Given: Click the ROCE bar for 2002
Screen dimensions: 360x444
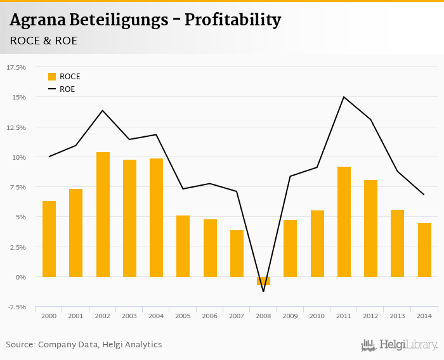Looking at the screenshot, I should tap(103, 214).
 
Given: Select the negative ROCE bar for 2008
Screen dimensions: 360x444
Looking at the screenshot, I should tap(263, 281).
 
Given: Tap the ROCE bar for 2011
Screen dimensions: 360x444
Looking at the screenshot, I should tap(344, 222).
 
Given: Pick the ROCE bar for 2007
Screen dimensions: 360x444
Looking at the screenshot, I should tap(237, 254).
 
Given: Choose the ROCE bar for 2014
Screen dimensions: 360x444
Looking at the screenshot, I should tap(424, 250).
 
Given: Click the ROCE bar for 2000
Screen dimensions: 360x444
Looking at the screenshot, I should tap(49, 239).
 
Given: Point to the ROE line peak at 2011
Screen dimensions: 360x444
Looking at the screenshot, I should tap(344, 97).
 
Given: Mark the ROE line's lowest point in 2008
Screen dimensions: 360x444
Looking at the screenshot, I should tap(263, 292).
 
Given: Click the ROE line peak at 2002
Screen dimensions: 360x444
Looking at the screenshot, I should tap(103, 110).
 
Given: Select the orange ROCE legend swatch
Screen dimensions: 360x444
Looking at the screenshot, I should tap(52, 77).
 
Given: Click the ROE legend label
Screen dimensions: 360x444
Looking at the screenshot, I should tap(67, 89).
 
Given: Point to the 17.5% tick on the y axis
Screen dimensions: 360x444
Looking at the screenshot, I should tap(16, 67).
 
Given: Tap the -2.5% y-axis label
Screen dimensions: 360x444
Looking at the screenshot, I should tap(16, 307).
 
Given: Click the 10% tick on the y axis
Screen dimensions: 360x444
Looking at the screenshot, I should tap(20, 157).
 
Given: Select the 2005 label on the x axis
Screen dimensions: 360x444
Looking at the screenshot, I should tap(183, 316).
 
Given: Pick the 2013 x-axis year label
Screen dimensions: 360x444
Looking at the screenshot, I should tap(397, 316).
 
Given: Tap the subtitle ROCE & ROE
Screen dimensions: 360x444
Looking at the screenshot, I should tap(44, 41).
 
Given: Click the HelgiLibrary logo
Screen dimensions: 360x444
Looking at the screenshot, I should tap(399, 345).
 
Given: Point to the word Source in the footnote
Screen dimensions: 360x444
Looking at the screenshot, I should tap(20, 345).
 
